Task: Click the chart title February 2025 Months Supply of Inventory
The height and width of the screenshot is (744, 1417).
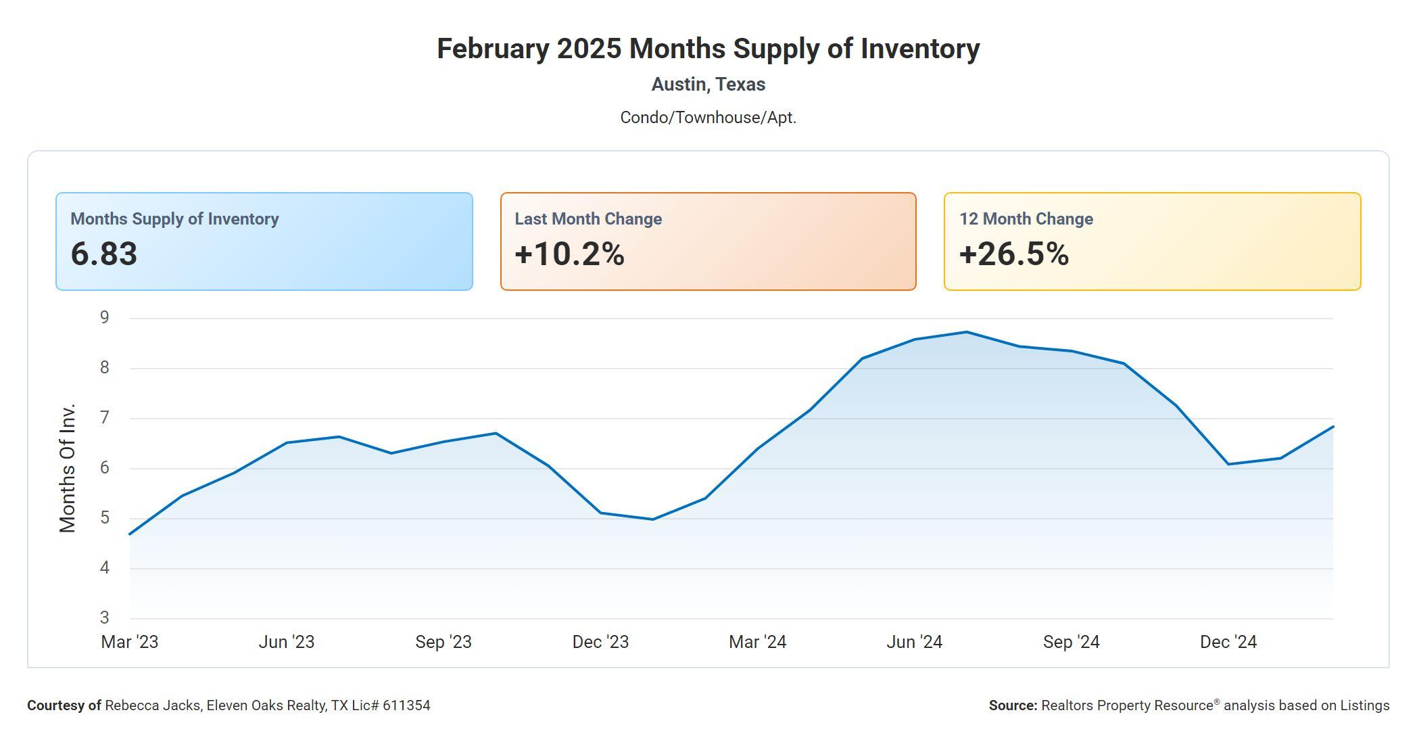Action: pyautogui.click(x=708, y=49)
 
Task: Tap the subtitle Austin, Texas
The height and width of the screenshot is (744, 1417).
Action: pyautogui.click(x=708, y=85)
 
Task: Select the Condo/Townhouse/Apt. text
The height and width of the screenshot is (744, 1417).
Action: pyautogui.click(x=708, y=118)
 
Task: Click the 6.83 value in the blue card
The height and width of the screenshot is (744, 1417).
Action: pyautogui.click(x=104, y=254)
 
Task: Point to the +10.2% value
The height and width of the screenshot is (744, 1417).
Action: pyautogui.click(x=569, y=254)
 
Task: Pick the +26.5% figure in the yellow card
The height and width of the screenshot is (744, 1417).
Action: pyautogui.click(x=1013, y=254)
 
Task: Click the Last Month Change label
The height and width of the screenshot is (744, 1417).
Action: pyautogui.click(x=588, y=219)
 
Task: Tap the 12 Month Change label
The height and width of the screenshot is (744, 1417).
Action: pyautogui.click(x=1026, y=219)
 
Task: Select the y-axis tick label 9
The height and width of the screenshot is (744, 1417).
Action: pyautogui.click(x=104, y=318)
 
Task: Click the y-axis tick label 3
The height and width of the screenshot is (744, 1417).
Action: pyautogui.click(x=104, y=618)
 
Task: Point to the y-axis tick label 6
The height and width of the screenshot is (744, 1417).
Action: pyautogui.click(x=104, y=468)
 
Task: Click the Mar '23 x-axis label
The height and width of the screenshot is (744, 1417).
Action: pyautogui.click(x=130, y=642)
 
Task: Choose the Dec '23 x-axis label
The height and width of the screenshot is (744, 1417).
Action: pyautogui.click(x=600, y=642)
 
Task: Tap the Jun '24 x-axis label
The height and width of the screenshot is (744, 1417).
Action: pyautogui.click(x=914, y=642)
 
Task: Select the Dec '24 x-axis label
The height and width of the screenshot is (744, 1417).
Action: pyautogui.click(x=1228, y=642)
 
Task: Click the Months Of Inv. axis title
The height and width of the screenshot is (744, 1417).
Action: pyautogui.click(x=68, y=468)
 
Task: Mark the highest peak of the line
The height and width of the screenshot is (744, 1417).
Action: pyautogui.click(x=967, y=332)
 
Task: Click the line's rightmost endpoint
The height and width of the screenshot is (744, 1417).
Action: pyautogui.click(x=1332, y=427)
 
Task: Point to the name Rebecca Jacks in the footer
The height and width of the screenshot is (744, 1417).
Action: pyautogui.click(x=153, y=705)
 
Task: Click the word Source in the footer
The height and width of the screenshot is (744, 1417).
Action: pyautogui.click(x=1012, y=705)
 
